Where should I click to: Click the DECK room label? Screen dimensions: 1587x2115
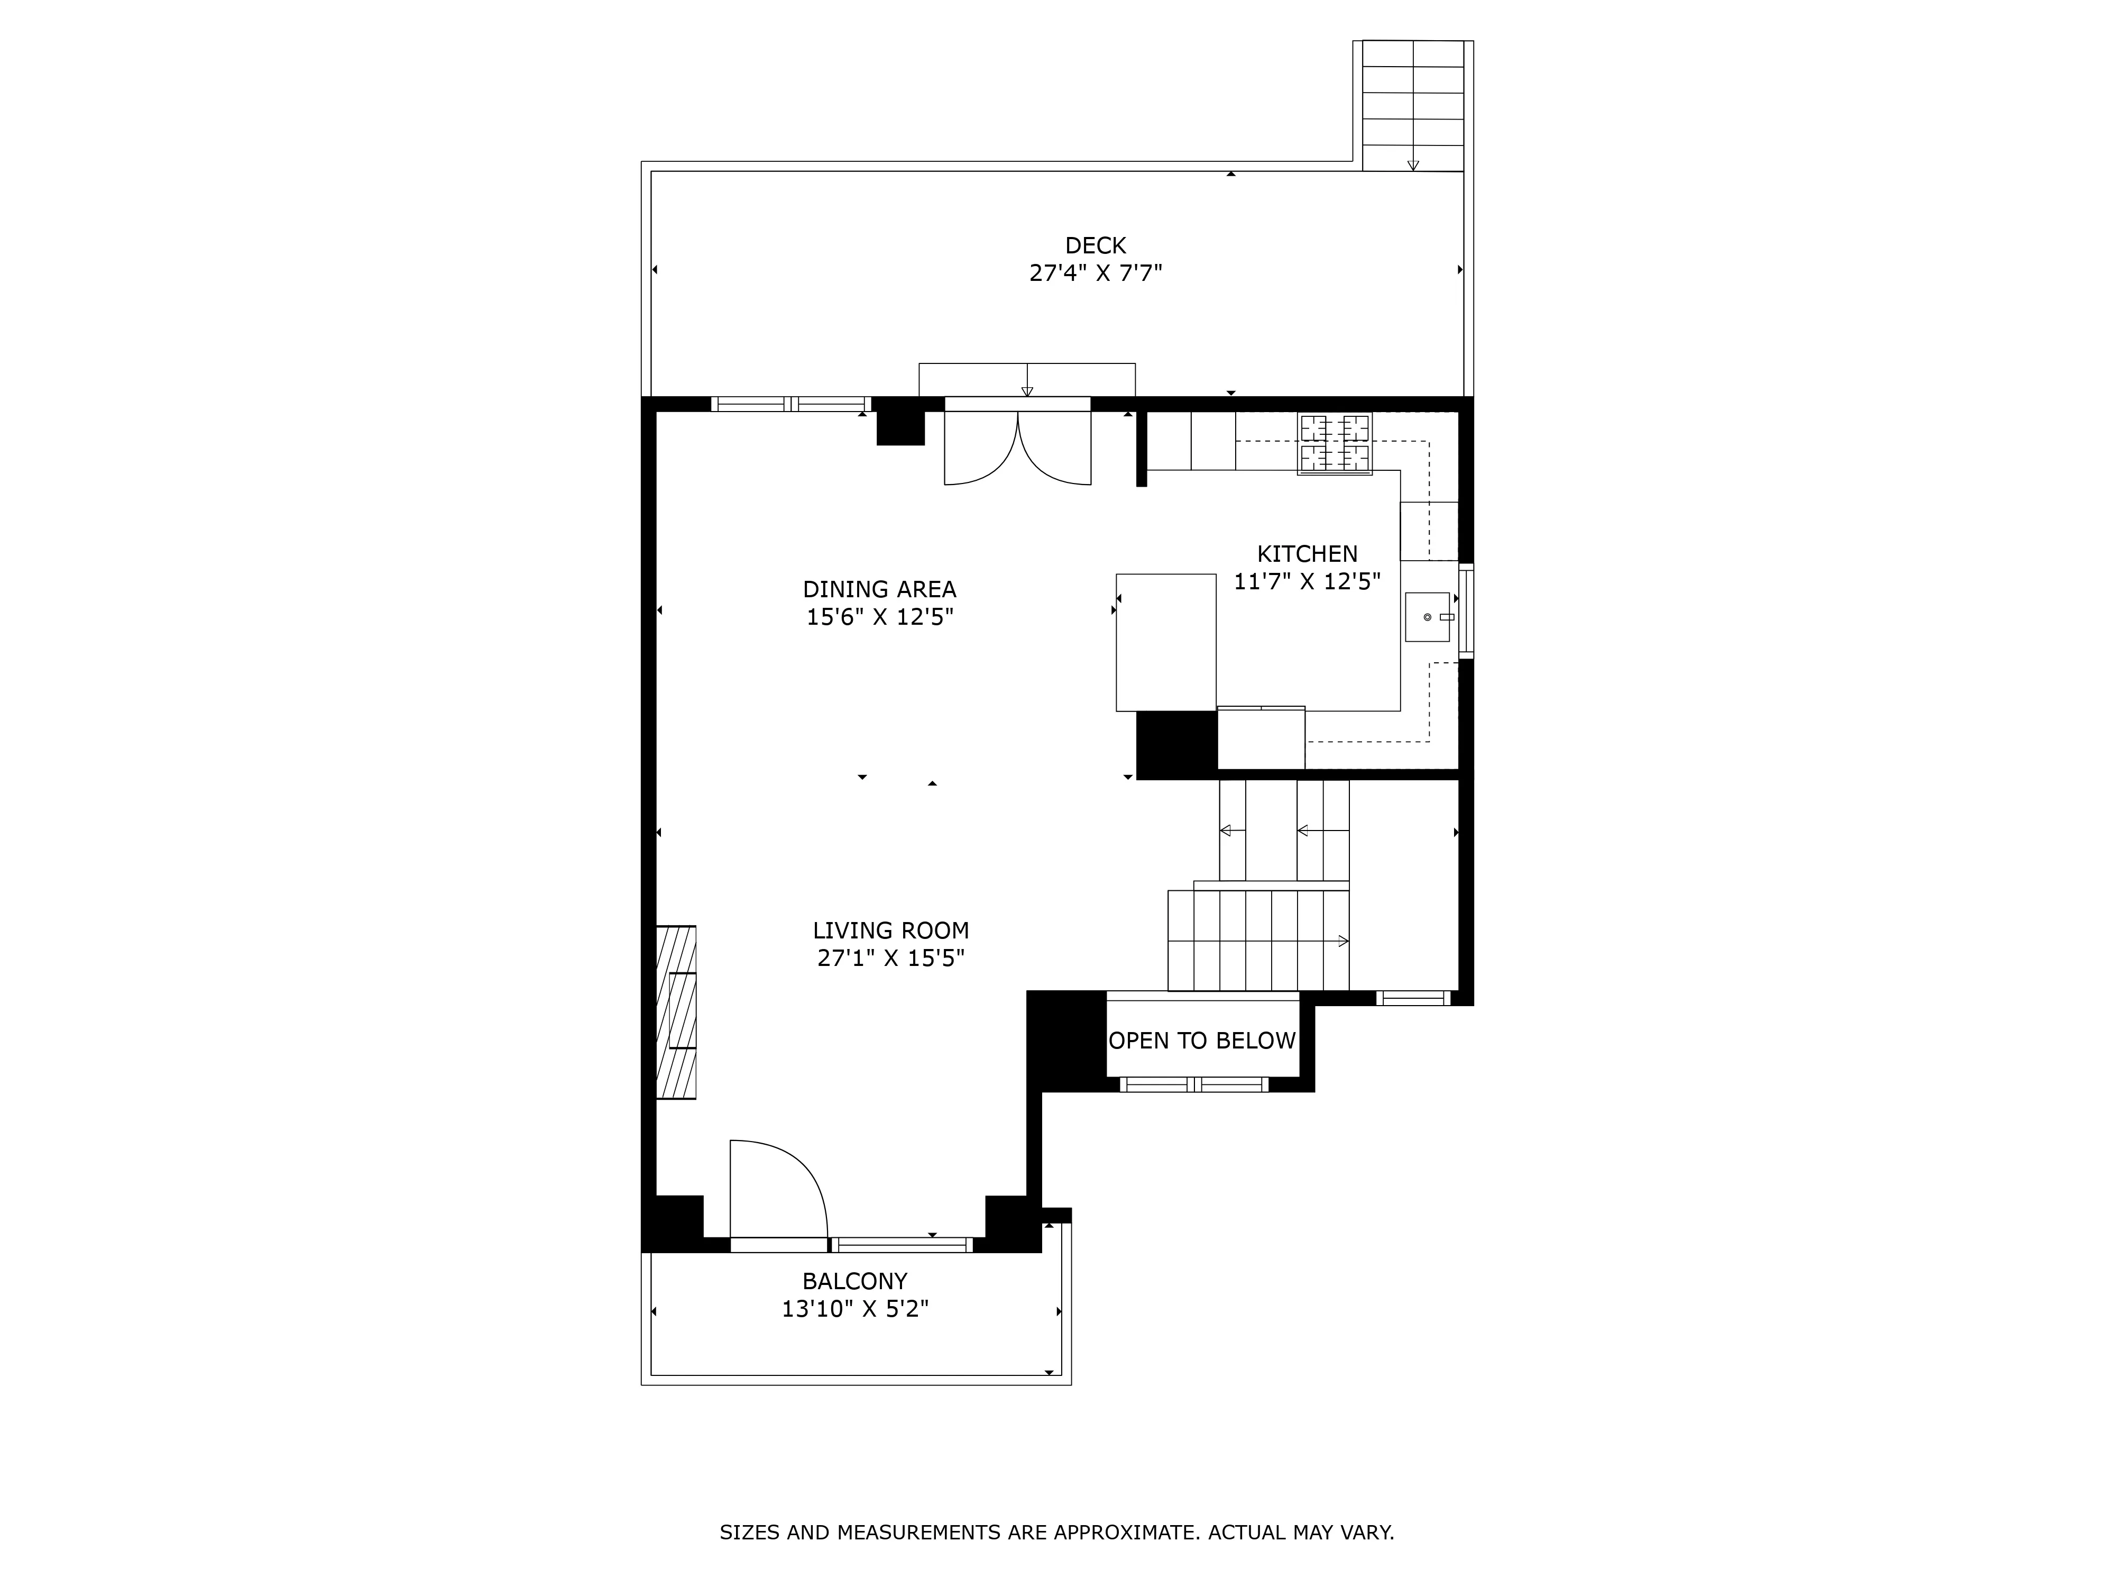pyautogui.click(x=1095, y=246)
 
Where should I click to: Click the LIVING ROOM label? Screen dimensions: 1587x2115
pyautogui.click(x=890, y=930)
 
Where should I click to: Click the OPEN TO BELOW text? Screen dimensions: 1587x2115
pyautogui.click(x=1202, y=1041)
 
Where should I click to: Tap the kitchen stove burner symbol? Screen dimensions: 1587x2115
pyautogui.click(x=1334, y=444)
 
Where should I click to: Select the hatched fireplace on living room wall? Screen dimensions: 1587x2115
pyautogui.click(x=676, y=1012)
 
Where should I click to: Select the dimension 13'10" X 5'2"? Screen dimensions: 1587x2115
pyautogui.click(x=855, y=1309)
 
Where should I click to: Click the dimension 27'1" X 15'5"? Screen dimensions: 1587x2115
pyautogui.click(x=890, y=957)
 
